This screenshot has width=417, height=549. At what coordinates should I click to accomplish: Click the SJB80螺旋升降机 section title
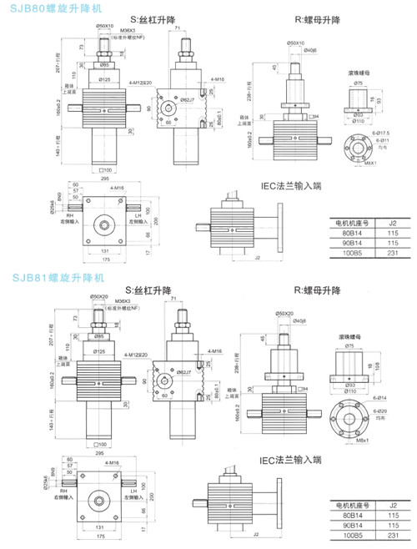click(43, 8)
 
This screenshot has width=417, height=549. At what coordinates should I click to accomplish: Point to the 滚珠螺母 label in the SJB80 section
click(359, 73)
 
